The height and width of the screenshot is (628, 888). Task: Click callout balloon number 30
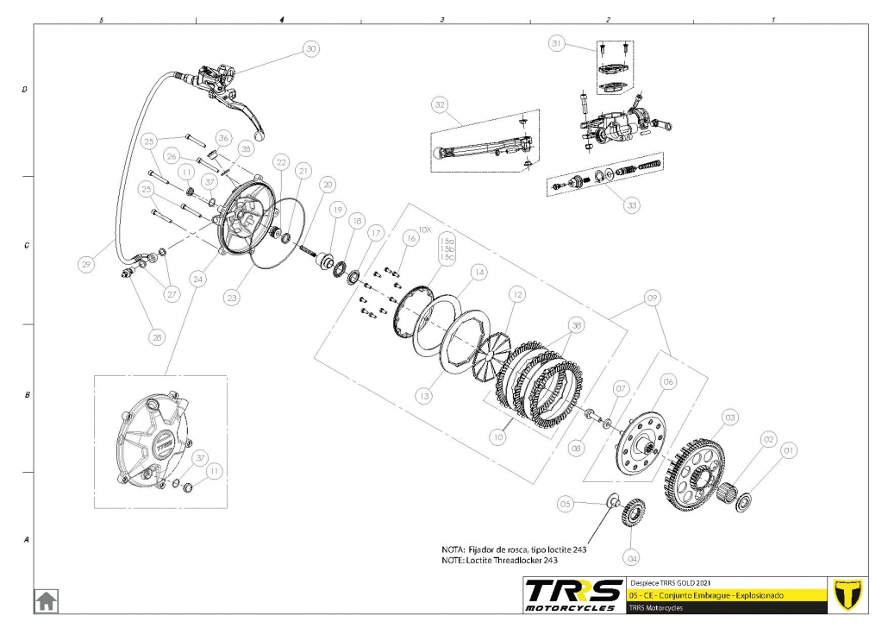[x=310, y=49]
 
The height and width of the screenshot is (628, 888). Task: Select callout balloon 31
[x=557, y=42]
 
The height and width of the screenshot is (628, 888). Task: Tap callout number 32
[x=441, y=105]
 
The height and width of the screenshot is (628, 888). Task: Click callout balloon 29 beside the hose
[x=86, y=266]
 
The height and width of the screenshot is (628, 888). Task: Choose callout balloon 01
[x=787, y=449]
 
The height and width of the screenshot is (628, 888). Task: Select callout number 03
[x=730, y=418]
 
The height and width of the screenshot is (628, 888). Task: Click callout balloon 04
[x=632, y=556]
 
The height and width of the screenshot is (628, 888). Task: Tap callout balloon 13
[x=423, y=396]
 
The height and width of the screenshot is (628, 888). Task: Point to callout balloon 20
[x=327, y=184]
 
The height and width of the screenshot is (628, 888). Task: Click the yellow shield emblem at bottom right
[x=850, y=595]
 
